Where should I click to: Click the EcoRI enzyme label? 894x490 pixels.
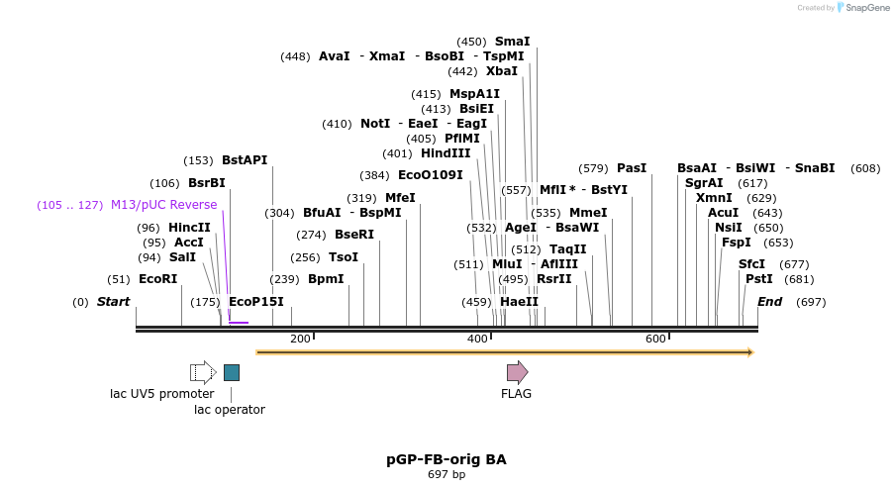click(157, 279)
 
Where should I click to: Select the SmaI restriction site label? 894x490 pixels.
click(512, 42)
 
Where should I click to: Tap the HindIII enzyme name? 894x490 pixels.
click(446, 153)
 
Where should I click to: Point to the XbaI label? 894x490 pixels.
click(502, 71)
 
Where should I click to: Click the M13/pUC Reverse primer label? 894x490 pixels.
click(163, 205)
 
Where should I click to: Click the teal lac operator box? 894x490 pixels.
click(231, 372)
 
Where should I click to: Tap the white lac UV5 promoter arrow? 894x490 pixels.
click(203, 372)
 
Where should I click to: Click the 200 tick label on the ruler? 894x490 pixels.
click(300, 340)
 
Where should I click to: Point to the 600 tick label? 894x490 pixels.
click(655, 340)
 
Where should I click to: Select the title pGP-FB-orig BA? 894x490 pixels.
click(446, 460)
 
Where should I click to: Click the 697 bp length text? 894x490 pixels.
click(446, 475)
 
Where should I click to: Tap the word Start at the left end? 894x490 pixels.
click(113, 302)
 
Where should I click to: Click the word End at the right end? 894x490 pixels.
click(769, 302)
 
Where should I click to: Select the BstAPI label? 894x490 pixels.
click(245, 160)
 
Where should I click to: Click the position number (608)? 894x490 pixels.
click(864, 168)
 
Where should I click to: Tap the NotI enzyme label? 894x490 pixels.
click(375, 124)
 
